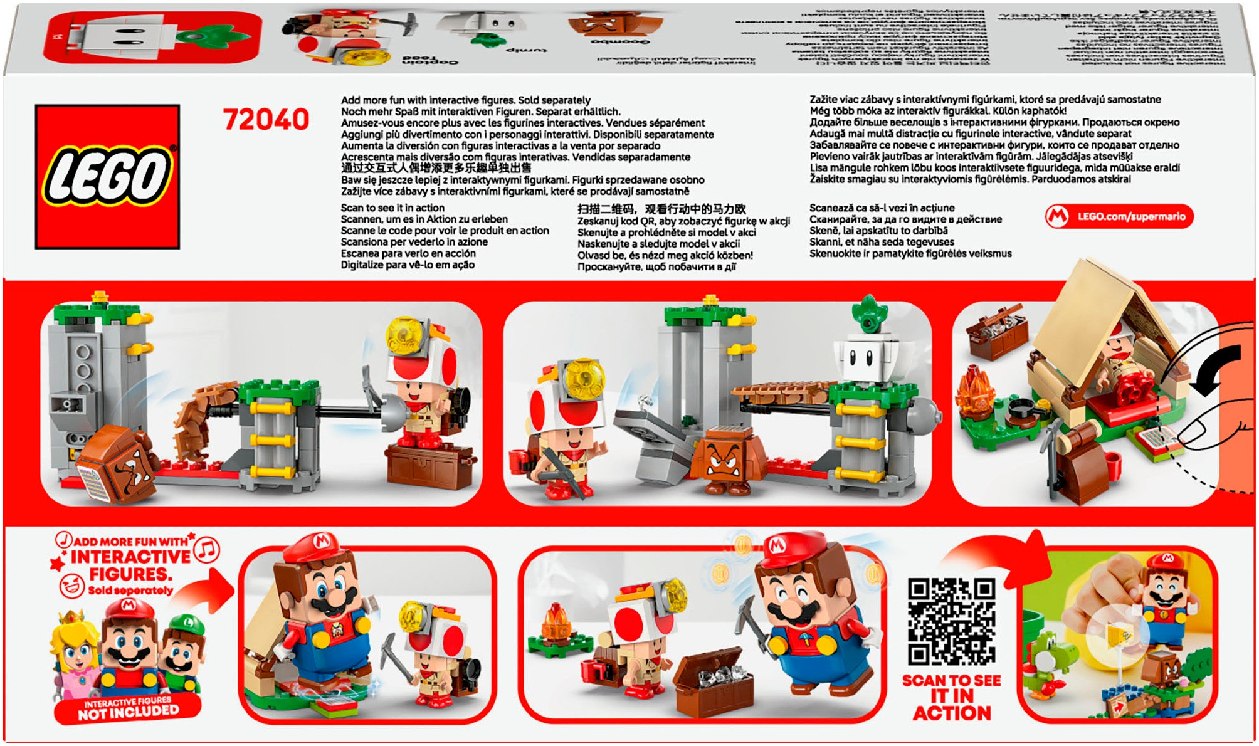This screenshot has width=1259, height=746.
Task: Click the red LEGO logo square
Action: point(107,177)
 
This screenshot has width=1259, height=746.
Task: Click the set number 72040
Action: point(266,120)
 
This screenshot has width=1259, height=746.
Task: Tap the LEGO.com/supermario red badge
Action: point(1119,217)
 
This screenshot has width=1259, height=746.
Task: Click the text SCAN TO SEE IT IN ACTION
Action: point(951,697)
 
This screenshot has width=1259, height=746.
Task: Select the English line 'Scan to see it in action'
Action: point(392,208)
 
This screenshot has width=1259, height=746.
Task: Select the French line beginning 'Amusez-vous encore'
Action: point(523,123)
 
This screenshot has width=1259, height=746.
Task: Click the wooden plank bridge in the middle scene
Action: point(781,392)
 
